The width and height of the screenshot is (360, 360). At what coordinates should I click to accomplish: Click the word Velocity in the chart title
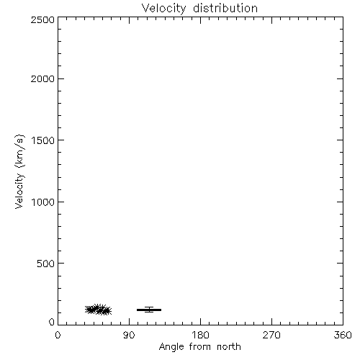[163, 9]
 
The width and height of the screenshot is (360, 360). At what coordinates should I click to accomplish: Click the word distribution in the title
[225, 8]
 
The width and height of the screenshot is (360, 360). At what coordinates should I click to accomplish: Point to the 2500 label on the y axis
[42, 19]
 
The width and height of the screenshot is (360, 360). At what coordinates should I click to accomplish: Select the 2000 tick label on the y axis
[42, 78]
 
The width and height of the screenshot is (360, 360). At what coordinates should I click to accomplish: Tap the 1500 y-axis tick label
[43, 140]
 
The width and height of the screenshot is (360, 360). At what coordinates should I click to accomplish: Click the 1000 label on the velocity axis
[43, 202]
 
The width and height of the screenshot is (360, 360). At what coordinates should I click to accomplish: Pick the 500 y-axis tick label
[46, 264]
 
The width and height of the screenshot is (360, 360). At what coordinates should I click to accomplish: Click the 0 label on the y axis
[52, 322]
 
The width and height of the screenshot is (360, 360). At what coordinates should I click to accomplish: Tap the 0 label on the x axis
[58, 335]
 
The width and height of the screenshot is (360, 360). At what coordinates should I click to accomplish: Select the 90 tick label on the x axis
[129, 335]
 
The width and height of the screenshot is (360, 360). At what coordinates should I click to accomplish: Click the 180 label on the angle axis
[200, 335]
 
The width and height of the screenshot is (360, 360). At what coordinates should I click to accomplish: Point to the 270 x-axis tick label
[271, 335]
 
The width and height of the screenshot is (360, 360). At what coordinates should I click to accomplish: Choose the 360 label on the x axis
[343, 335]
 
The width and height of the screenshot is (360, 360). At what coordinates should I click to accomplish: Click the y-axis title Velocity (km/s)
[19, 171]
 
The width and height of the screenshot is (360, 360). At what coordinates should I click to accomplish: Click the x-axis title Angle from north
[200, 347]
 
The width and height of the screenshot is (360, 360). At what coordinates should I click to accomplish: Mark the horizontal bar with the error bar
[149, 310]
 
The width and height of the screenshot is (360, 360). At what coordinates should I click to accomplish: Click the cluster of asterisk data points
[98, 310]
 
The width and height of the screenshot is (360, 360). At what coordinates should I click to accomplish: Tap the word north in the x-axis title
[229, 347]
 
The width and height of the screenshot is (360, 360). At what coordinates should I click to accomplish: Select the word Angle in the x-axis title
[171, 347]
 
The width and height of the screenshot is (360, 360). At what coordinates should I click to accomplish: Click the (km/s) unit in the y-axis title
[19, 151]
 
